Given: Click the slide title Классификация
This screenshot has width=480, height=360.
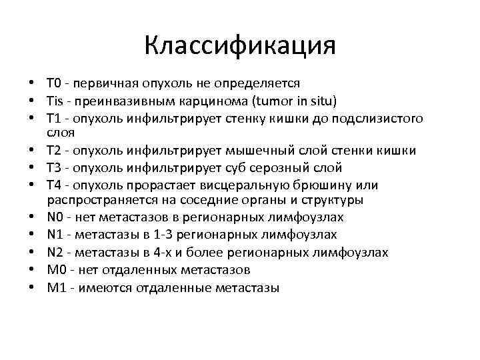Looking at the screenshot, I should coord(240,47).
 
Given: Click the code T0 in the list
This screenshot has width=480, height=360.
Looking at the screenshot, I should coord(54,84).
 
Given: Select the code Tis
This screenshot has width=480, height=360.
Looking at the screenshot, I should coord(55,101).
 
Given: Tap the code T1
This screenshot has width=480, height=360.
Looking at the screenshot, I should coord(54,119).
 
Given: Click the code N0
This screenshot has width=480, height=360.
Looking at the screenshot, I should coord(55,217).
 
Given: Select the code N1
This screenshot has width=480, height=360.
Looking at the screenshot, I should coord(55,235).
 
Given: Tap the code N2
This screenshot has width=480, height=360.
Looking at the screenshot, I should coord(55,252).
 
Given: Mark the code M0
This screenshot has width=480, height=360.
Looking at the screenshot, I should coord(55,269).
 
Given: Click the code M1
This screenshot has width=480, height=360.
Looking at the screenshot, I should coord(55,287).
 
